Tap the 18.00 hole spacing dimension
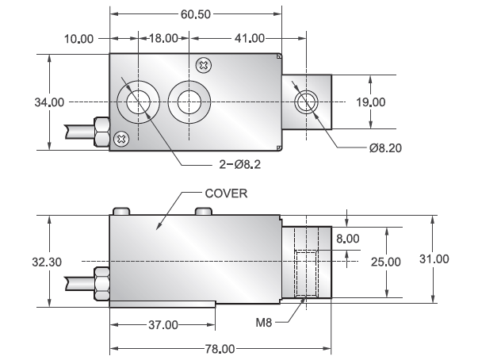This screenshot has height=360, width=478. click(164, 38)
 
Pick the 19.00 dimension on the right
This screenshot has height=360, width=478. click(370, 102)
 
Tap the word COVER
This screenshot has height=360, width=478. click(227, 193)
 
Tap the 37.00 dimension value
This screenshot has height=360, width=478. click(163, 324)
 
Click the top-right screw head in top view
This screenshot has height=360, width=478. click(205, 65)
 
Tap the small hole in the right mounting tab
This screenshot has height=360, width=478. click(305, 101)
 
